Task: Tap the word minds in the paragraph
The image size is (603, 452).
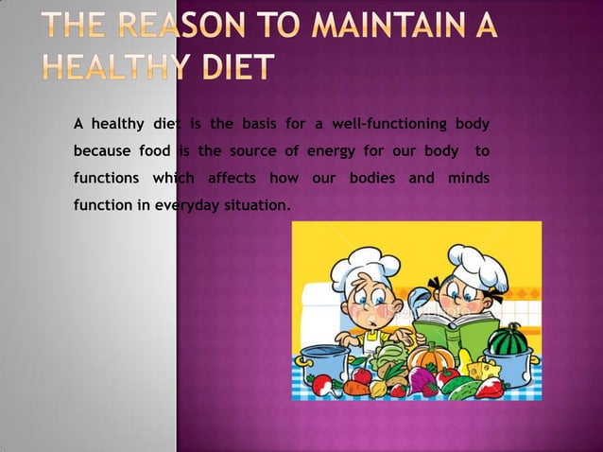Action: pyautogui.click(x=467, y=178)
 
